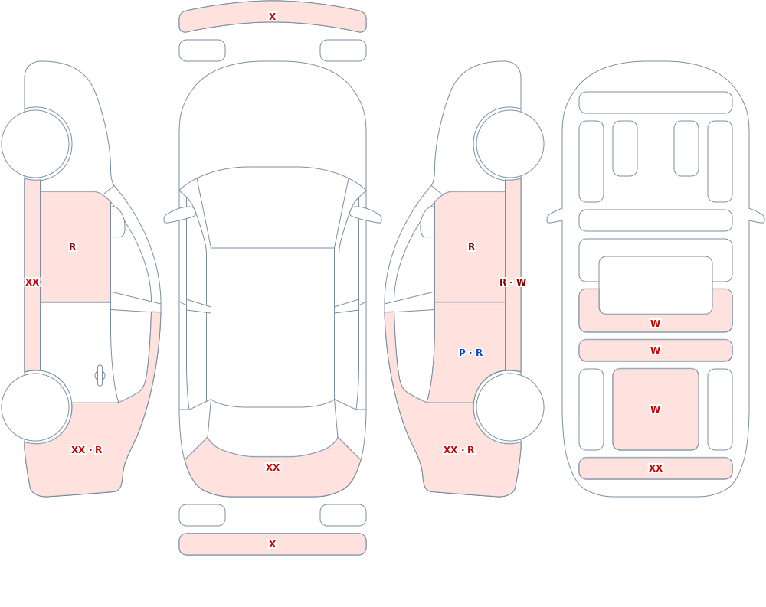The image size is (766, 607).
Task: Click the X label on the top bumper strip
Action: pyautogui.click(x=272, y=17)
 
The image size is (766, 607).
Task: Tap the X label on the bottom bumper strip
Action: pyautogui.click(x=272, y=544)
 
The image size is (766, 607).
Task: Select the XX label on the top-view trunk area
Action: pyautogui.click(x=273, y=468)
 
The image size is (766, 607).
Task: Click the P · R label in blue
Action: pyautogui.click(x=471, y=353)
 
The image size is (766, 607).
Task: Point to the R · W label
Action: pyautogui.click(x=512, y=282)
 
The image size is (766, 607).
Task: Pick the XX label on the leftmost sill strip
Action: pyautogui.click(x=32, y=282)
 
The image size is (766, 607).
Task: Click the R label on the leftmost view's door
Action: pyautogui.click(x=72, y=247)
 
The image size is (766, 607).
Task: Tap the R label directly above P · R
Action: pyautogui.click(x=471, y=247)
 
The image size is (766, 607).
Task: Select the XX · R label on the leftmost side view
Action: pyautogui.click(x=87, y=450)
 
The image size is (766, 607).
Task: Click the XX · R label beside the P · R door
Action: pyautogui.click(x=459, y=450)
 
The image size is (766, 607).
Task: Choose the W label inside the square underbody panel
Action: pyautogui.click(x=655, y=410)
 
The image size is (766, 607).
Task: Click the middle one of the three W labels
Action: pyautogui.click(x=655, y=350)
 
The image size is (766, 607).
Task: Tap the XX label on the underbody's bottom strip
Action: pyautogui.click(x=656, y=468)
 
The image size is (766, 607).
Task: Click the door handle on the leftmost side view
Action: pyautogui.click(x=100, y=376)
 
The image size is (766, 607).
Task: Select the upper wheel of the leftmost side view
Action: pyautogui.click(x=35, y=144)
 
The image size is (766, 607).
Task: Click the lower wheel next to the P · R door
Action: pyautogui.click(x=510, y=407)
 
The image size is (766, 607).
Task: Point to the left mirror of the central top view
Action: pyautogui.click(x=180, y=214)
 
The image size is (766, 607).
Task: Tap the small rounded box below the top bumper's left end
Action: pyautogui.click(x=202, y=51)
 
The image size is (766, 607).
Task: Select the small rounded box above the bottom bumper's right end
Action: pyautogui.click(x=343, y=515)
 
